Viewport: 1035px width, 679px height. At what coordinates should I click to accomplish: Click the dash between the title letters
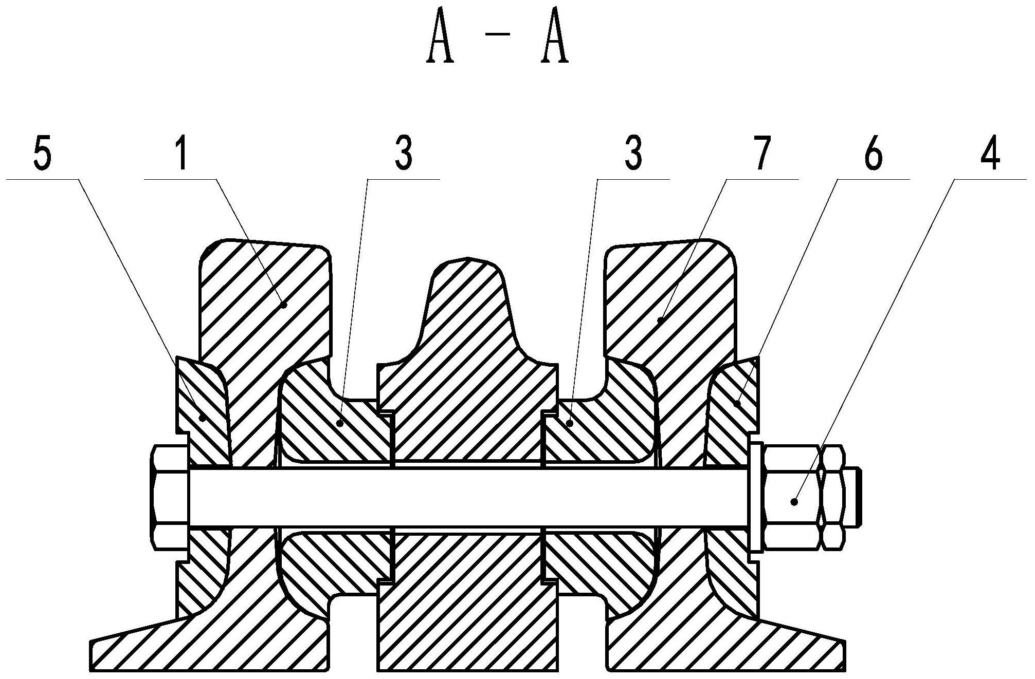click(498, 35)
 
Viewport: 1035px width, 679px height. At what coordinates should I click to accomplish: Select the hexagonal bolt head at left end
click(170, 498)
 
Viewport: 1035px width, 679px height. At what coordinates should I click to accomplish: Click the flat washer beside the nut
click(756, 498)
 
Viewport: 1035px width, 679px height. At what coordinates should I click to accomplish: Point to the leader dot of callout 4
click(794, 501)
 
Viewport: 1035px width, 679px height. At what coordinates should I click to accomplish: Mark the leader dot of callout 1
click(283, 305)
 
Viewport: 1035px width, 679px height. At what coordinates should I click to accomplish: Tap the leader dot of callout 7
click(660, 320)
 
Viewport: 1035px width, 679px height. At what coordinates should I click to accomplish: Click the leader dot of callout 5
click(203, 419)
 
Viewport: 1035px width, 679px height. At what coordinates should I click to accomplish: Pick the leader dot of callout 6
click(737, 403)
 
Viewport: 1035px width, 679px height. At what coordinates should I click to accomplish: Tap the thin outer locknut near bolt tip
click(832, 497)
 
